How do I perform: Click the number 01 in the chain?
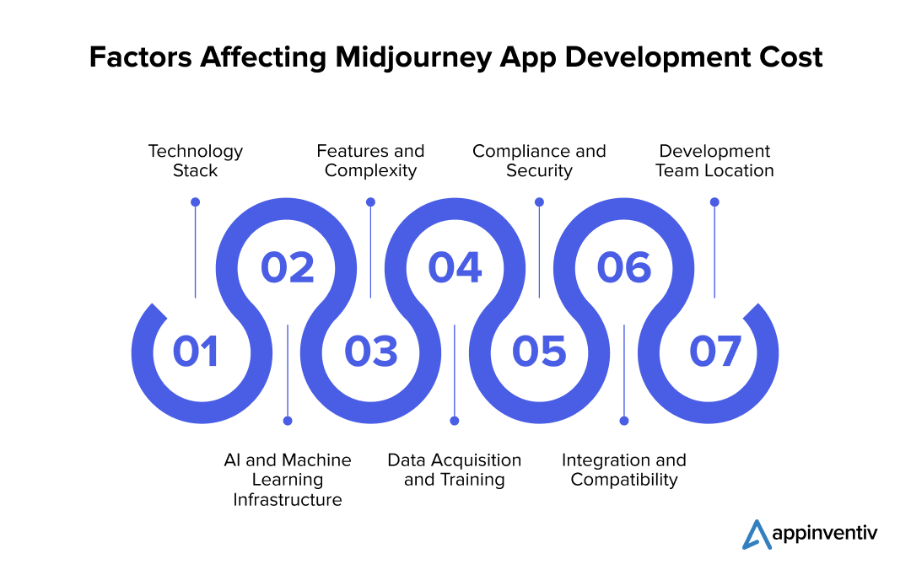pyautogui.click(x=195, y=352)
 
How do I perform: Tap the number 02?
pyautogui.click(x=287, y=268)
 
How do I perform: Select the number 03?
pyautogui.click(x=370, y=352)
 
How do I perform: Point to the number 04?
pyautogui.click(x=455, y=268)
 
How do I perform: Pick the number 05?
pyautogui.click(x=539, y=352)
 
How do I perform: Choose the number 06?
pyautogui.click(x=624, y=268)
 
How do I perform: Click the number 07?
pyautogui.click(x=715, y=352)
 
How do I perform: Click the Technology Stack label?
pyautogui.click(x=195, y=161)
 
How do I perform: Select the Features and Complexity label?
pyautogui.click(x=370, y=161)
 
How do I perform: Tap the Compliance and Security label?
pyautogui.click(x=539, y=161)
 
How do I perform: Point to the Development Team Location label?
pyautogui.click(x=714, y=161)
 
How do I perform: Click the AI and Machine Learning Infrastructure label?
pyautogui.click(x=288, y=480)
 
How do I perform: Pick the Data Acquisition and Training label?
pyautogui.click(x=455, y=470)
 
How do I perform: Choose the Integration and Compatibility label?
pyautogui.click(x=624, y=470)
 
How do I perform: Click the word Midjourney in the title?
pyautogui.click(x=413, y=57)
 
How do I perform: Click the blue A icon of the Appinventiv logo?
pyautogui.click(x=757, y=535)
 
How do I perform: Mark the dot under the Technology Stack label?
pyautogui.click(x=195, y=202)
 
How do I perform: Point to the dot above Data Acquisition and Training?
pyautogui.click(x=455, y=421)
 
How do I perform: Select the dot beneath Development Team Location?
pyautogui.click(x=714, y=202)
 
